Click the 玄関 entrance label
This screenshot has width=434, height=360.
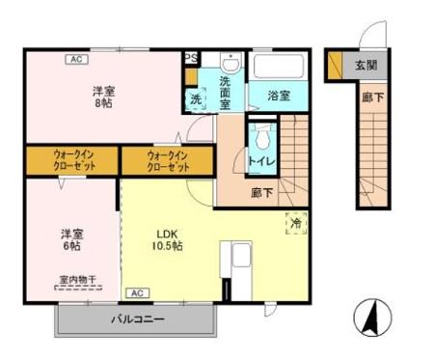[365, 66]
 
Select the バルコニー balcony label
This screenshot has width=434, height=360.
[136, 318]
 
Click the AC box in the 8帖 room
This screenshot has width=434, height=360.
[75, 59]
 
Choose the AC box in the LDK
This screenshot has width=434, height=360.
[136, 291]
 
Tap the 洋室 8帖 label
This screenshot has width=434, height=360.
[104, 97]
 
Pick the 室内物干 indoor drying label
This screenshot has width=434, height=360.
[69, 280]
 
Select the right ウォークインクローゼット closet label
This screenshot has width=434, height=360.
[167, 159]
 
